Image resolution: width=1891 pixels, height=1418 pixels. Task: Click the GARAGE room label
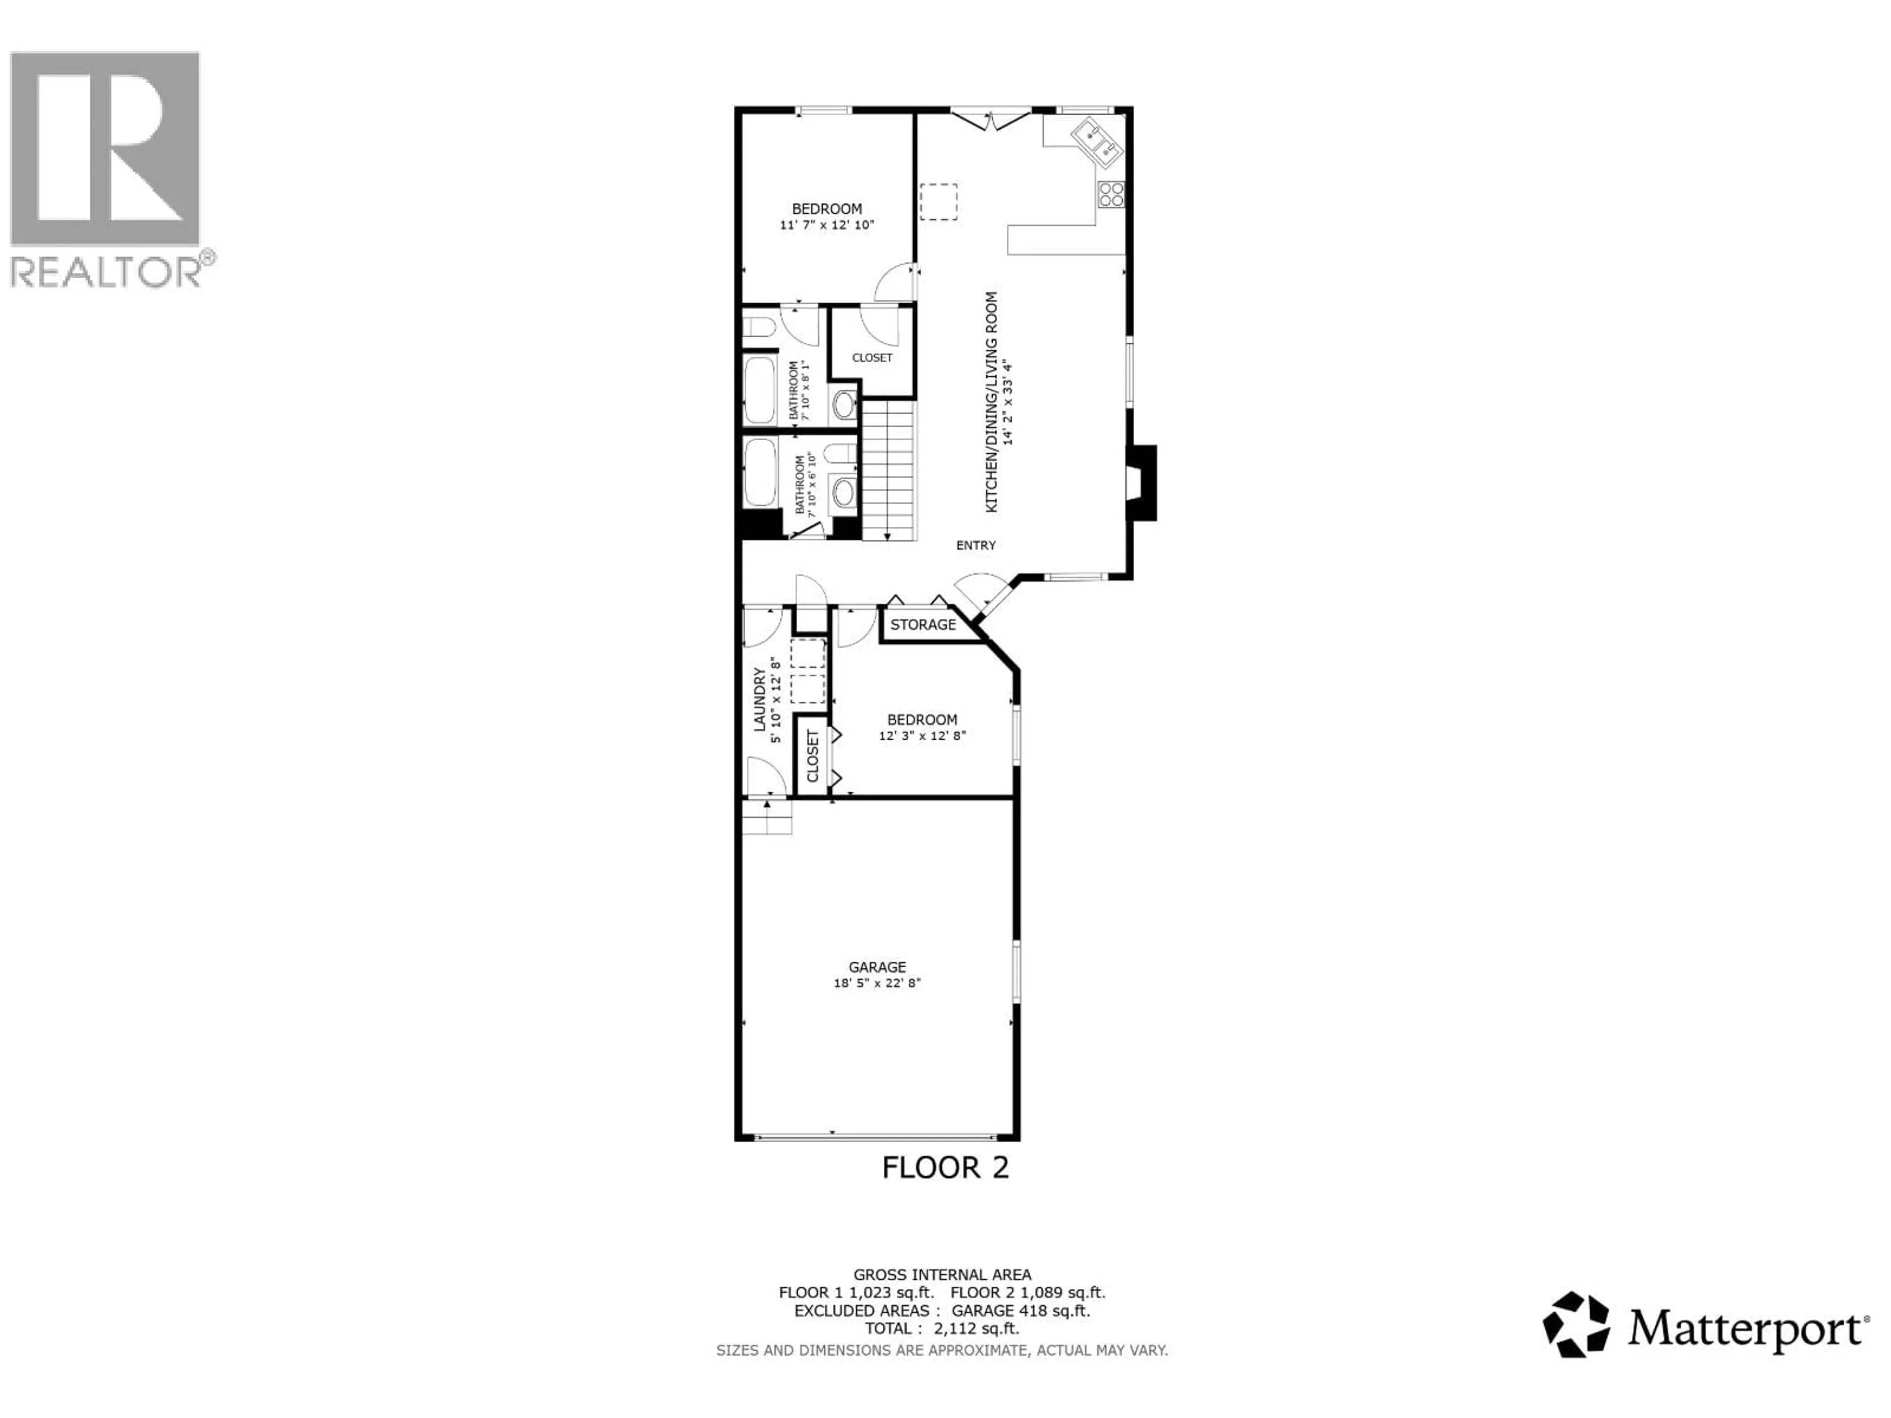pyautogui.click(x=877, y=967)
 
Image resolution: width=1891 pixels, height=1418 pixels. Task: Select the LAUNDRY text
pyautogui.click(x=758, y=699)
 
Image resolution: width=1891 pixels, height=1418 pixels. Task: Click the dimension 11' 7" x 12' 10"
pyautogui.click(x=827, y=226)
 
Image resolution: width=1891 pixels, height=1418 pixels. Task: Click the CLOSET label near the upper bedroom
pyautogui.click(x=872, y=358)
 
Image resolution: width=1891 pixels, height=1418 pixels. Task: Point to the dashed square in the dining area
pyautogui.click(x=938, y=202)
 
